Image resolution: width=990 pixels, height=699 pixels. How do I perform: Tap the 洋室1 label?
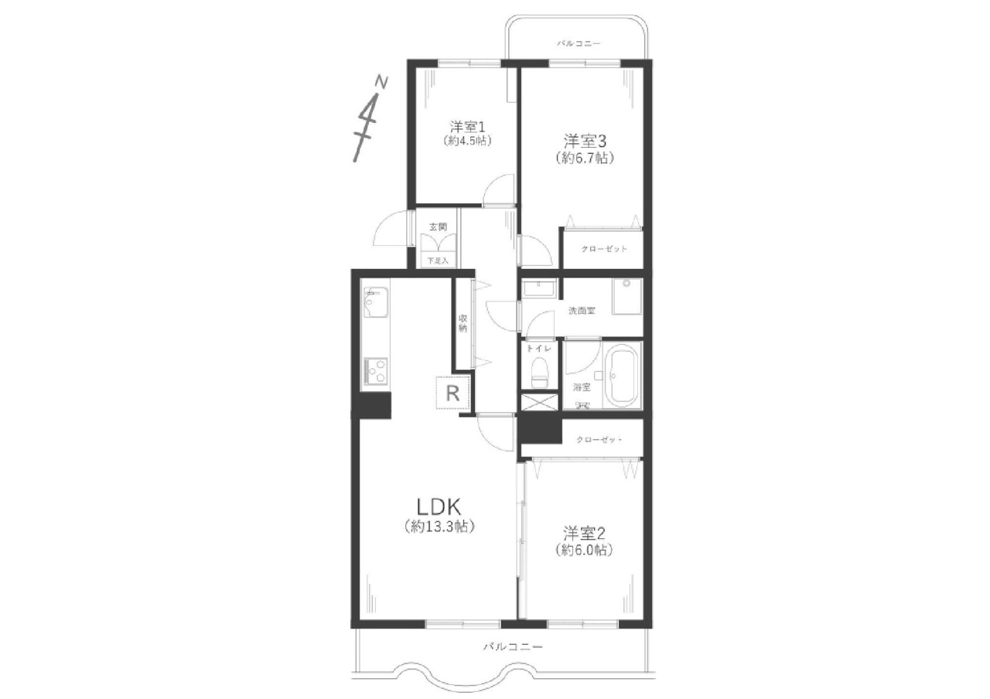[x=468, y=128]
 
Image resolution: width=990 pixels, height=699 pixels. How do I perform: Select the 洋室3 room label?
[x=584, y=141]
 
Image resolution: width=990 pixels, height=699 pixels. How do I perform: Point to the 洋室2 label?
[x=583, y=534]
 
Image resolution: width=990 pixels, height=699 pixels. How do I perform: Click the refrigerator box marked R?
[x=452, y=392]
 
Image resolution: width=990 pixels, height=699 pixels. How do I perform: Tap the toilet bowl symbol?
[x=538, y=372]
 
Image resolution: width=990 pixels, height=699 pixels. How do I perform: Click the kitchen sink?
[x=375, y=302]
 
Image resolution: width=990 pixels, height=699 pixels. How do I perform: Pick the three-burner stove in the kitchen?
[x=375, y=370]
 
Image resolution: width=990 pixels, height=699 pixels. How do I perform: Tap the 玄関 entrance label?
[x=438, y=227]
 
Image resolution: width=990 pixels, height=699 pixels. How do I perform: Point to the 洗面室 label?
[x=582, y=311]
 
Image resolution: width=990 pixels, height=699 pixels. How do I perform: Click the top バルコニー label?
[x=579, y=44]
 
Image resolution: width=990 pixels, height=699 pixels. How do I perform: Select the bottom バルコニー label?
[x=513, y=646]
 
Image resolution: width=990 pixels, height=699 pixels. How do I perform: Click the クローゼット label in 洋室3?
[x=604, y=249]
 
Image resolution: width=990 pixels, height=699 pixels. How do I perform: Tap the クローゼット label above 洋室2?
[x=599, y=440]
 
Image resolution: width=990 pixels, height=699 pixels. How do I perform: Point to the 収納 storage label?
[x=463, y=323]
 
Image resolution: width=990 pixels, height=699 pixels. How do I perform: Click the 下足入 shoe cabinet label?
[x=438, y=261]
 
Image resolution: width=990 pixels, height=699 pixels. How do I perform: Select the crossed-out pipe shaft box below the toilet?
[x=540, y=403]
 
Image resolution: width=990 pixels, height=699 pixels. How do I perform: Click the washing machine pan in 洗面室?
[x=626, y=296]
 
